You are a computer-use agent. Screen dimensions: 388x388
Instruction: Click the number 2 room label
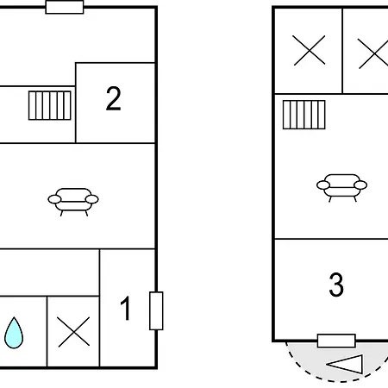pyautogui.click(x=113, y=98)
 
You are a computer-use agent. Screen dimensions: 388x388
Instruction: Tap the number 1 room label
pyautogui.click(x=126, y=308)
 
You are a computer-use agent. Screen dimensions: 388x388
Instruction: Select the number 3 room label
pyautogui.click(x=336, y=285)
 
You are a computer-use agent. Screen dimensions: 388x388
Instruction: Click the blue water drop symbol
pyautogui.click(x=14, y=333)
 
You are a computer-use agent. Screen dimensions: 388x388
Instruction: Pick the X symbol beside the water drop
pyautogui.click(x=73, y=332)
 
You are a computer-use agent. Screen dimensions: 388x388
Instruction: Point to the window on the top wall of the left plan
pyautogui.click(x=65, y=7)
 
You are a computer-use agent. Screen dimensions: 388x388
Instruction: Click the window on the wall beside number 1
pyautogui.click(x=156, y=310)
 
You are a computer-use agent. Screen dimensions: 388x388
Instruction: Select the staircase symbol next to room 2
pyautogui.click(x=50, y=105)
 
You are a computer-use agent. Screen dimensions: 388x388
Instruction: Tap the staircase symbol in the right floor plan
pyautogui.click(x=304, y=115)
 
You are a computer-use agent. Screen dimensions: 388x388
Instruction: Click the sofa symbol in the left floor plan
pyautogui.click(x=73, y=202)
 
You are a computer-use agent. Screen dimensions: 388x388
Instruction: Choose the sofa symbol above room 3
pyautogui.click(x=341, y=188)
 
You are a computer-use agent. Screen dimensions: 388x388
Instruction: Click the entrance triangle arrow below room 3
pyautogui.click(x=345, y=365)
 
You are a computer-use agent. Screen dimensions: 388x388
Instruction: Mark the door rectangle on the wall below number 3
pyautogui.click(x=336, y=341)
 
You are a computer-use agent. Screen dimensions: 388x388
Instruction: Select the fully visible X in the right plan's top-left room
pyautogui.click(x=310, y=50)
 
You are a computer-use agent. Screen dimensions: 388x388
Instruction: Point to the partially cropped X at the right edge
pyautogui.click(x=373, y=53)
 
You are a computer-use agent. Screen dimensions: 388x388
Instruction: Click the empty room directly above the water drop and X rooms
pyautogui.click(x=49, y=272)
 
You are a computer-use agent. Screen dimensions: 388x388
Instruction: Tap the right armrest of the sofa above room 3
pyautogui.click(x=360, y=185)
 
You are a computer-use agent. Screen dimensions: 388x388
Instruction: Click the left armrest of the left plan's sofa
pyautogui.click(x=54, y=199)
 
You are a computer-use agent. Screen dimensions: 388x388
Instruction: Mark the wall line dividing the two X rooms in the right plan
pyautogui.click(x=342, y=51)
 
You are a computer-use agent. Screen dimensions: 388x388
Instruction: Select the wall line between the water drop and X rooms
pyautogui.click(x=47, y=332)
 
